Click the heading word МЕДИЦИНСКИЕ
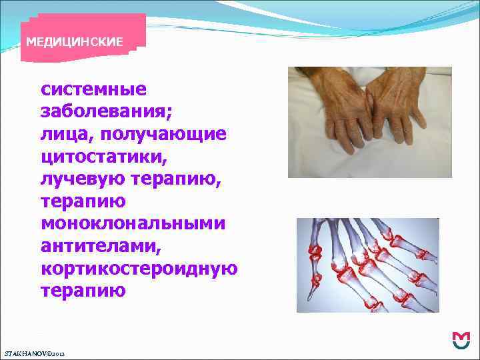point(74,42)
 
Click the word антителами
point(101,247)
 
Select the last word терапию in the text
point(83,291)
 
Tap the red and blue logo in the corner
point(460,341)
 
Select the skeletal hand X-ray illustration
point(367,265)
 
